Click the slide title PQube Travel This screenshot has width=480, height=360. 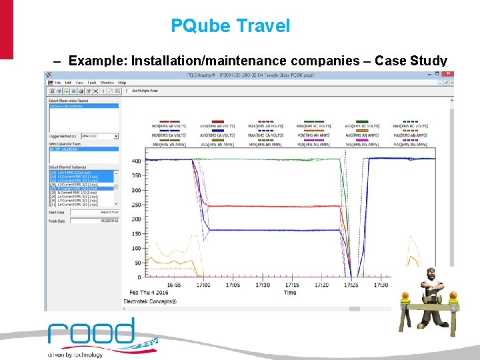pyautogui.click(x=231, y=26)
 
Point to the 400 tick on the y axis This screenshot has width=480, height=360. pyautogui.click(x=137, y=161)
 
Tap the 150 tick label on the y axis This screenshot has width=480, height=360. pyautogui.click(x=137, y=233)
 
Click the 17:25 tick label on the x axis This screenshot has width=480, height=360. pyautogui.click(x=351, y=285)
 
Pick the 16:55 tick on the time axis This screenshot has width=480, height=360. pyautogui.click(x=173, y=285)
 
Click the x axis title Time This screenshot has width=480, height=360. pyautogui.click(x=290, y=292)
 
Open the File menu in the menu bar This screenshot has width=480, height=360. pyautogui.click(x=58, y=82)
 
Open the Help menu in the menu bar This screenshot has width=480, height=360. pyautogui.click(x=122, y=82)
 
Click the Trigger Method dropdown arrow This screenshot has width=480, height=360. pyautogui.click(x=116, y=136)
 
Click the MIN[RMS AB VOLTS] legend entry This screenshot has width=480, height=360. pyautogui.click(x=171, y=125)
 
